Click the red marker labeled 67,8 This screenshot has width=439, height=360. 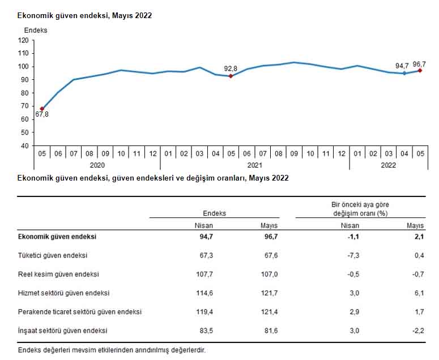(x=42, y=109)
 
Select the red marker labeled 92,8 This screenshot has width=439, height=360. (x=231, y=76)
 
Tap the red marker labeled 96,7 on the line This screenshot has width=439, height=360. (x=420, y=70)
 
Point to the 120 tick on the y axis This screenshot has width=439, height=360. (x=23, y=40)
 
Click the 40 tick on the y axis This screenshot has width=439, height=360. (x=25, y=145)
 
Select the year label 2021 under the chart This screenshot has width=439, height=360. (x=254, y=166)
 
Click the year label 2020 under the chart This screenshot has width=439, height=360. (x=97, y=166)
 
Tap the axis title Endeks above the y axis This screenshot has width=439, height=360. (x=36, y=30)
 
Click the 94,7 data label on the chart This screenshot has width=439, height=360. (x=403, y=66)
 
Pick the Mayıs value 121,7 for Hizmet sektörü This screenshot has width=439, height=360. (x=268, y=293)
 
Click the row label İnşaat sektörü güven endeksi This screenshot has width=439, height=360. (x=63, y=331)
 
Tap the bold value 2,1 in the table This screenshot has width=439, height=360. (x=419, y=237)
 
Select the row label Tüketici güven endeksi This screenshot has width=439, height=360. (x=53, y=256)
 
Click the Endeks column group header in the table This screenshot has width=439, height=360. (x=214, y=213)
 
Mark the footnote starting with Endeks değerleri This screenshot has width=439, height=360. (x=112, y=350)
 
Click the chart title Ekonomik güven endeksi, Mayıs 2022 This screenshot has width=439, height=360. (x=85, y=15)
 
